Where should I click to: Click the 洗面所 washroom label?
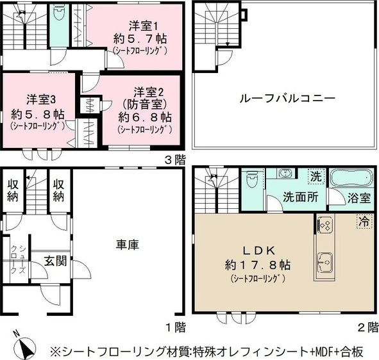[301, 197]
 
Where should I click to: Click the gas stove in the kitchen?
[324, 225]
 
